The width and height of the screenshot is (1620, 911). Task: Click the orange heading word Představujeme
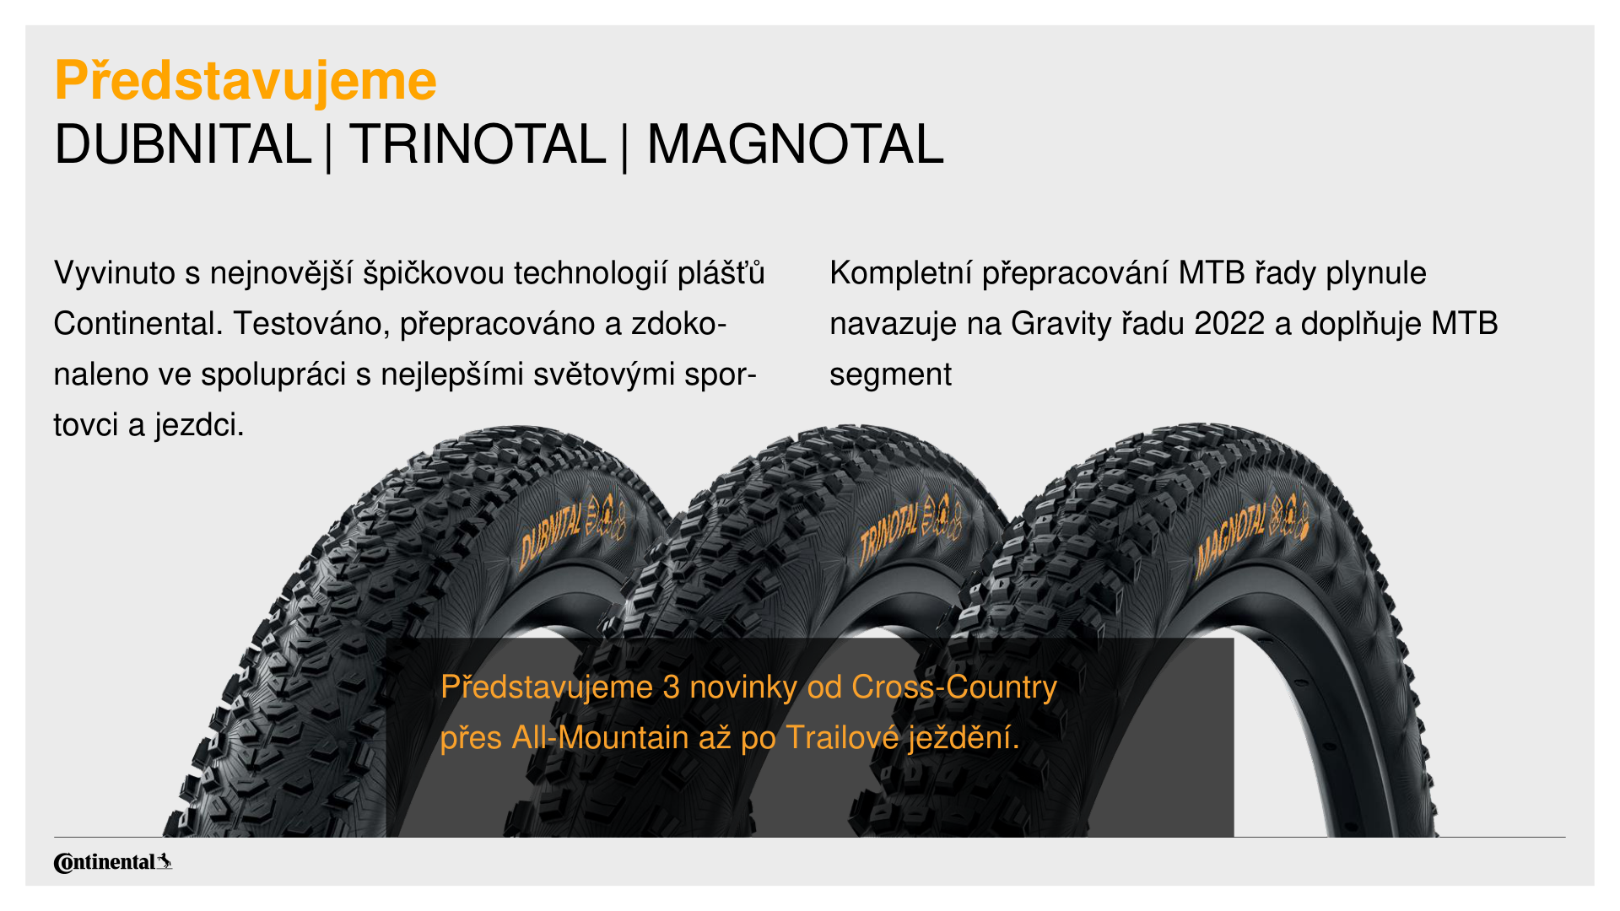pyautogui.click(x=246, y=82)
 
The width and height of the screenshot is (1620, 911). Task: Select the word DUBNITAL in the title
pyautogui.click(x=182, y=144)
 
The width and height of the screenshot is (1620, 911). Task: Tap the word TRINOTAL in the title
pyautogui.click(x=478, y=144)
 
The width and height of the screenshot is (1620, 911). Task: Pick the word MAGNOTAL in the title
pyautogui.click(x=795, y=144)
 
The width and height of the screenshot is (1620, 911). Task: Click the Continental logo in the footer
pyautogui.click(x=113, y=862)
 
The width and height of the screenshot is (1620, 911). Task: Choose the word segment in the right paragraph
pyautogui.click(x=890, y=375)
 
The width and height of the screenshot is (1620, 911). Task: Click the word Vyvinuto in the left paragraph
pyautogui.click(x=115, y=273)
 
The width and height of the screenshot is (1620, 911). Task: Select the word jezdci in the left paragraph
pyautogui.click(x=199, y=425)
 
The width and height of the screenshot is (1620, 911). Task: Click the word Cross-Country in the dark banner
pyautogui.click(x=954, y=687)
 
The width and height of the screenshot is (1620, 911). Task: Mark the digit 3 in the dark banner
pyautogui.click(x=672, y=687)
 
